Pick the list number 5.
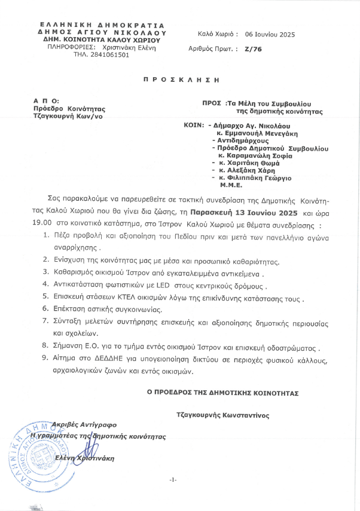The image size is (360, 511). [47, 298]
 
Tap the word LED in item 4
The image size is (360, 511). [148, 286]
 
